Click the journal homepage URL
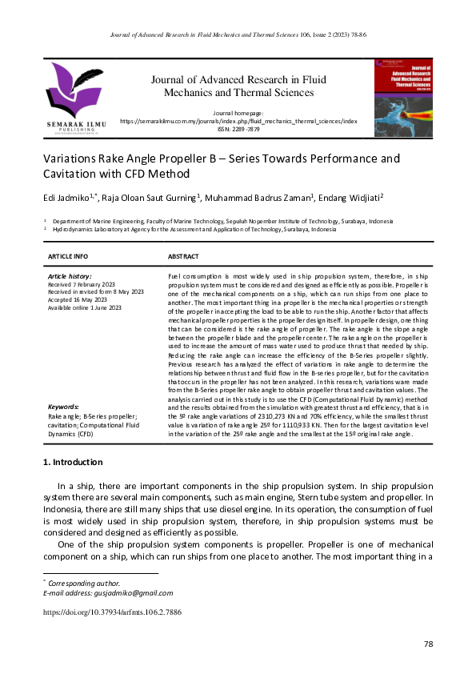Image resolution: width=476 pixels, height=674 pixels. (238, 122)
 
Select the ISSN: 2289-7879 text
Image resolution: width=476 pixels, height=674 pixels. (238, 129)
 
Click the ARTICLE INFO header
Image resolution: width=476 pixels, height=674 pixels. (68, 256)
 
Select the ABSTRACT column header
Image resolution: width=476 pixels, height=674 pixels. (183, 256)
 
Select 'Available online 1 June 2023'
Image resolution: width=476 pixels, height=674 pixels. (85, 307)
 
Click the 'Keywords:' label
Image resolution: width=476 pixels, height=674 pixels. (63, 407)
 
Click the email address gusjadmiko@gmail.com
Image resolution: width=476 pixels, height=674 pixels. (130, 592)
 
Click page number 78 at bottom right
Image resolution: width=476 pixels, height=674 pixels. (428, 644)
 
